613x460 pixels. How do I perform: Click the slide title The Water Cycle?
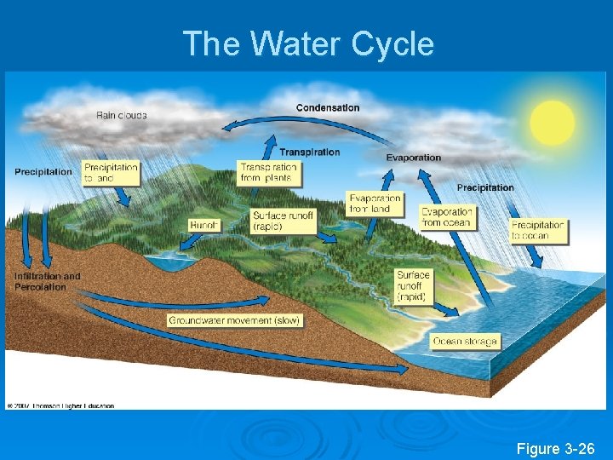click(x=308, y=43)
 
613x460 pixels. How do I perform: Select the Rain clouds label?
click(x=121, y=115)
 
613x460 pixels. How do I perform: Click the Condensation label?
click(x=328, y=107)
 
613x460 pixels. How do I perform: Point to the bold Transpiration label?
click(x=309, y=152)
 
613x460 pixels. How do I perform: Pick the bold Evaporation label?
click(x=414, y=158)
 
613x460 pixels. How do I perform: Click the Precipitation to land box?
click(x=111, y=173)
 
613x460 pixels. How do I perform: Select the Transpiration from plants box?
click(x=268, y=173)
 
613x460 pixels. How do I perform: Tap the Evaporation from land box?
click(x=375, y=204)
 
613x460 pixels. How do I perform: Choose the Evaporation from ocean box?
click(x=447, y=217)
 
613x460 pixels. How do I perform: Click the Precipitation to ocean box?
click(x=538, y=231)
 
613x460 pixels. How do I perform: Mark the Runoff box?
click(x=204, y=226)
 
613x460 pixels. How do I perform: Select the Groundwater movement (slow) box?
click(x=234, y=320)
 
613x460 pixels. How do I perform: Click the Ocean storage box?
click(x=465, y=341)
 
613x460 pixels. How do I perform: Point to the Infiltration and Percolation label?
click(x=47, y=281)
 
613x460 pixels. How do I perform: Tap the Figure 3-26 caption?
click(x=555, y=447)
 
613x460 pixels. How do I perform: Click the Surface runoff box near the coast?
click(x=413, y=286)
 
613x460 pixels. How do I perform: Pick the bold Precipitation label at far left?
click(x=43, y=172)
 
